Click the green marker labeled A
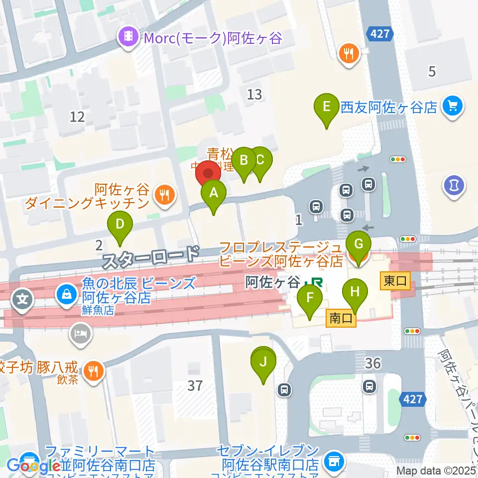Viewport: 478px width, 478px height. (x=214, y=193)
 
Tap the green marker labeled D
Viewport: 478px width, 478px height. (x=119, y=224)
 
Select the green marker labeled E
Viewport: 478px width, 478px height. (x=327, y=107)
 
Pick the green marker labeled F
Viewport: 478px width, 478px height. (x=310, y=299)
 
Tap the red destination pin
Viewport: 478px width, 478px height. (x=208, y=174)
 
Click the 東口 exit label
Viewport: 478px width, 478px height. (x=395, y=281)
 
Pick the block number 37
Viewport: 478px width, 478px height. (x=195, y=385)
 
